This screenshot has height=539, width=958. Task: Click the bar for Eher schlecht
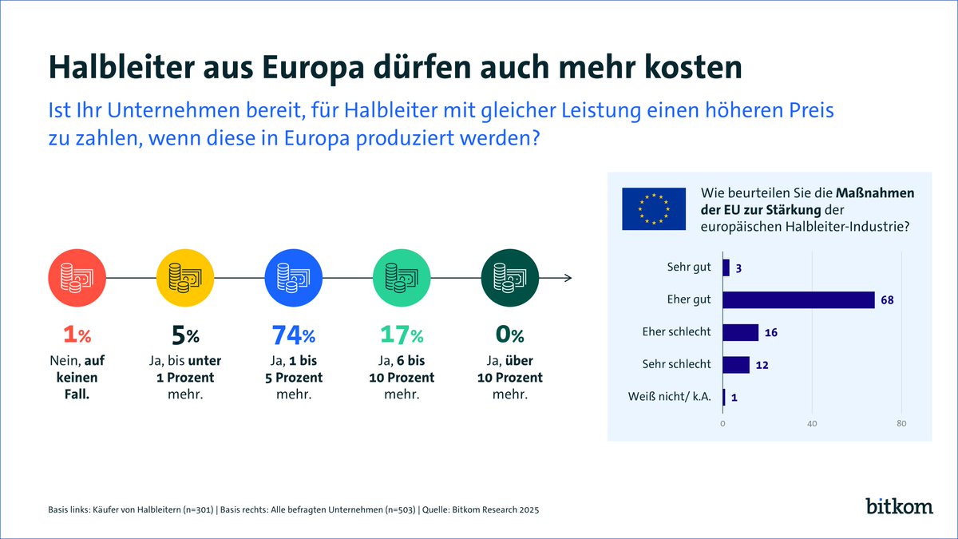tap(740, 332)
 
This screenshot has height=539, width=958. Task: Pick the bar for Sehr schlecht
tap(736, 364)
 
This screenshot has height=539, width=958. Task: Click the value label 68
tap(887, 300)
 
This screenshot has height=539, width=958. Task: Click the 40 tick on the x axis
tap(812, 423)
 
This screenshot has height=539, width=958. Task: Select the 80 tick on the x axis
tap(901, 423)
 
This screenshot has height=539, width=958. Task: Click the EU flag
tap(654, 208)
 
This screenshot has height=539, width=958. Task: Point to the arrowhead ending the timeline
tap(568, 277)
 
